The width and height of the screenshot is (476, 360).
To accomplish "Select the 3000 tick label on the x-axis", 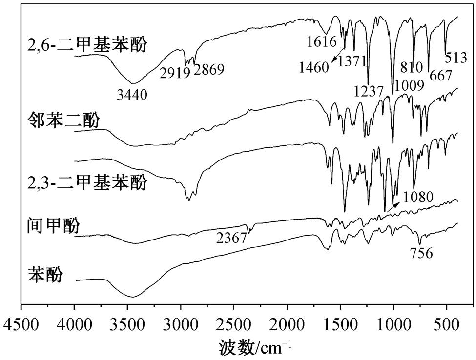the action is pos(181,325).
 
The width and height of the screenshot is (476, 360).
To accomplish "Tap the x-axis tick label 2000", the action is pos(287,325).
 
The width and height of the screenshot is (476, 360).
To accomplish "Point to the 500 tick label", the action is pos(447,325).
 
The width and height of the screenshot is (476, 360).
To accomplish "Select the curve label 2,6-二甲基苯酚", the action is pos(87,44).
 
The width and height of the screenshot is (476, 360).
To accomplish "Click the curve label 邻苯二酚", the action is pos(63,120).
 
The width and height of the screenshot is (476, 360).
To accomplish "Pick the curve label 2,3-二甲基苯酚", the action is pos(87,182).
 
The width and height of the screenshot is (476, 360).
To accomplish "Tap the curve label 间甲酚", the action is pos(54,226).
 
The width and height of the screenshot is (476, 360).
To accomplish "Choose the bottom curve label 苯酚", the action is pos(45,275).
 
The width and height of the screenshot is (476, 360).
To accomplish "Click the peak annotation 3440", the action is pos(132,95).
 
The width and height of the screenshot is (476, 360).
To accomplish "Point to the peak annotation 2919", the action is pos(175,73).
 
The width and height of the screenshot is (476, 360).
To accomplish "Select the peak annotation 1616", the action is pos(322,42).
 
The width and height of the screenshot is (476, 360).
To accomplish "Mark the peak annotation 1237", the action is pos(369,91).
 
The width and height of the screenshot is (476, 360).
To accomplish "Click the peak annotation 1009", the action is pos(409,86).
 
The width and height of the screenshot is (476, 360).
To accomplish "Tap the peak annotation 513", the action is pos(455,58).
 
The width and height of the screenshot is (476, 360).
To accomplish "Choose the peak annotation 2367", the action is pos(231,238).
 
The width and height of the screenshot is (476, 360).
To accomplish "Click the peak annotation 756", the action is pos(421,253).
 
